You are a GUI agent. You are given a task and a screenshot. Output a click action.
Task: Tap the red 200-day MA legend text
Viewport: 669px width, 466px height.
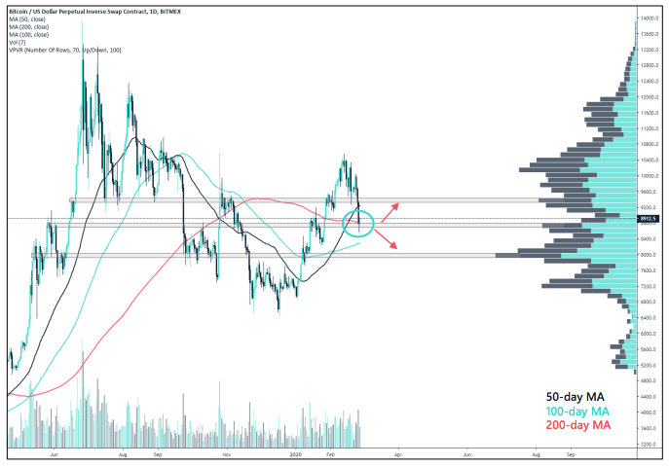click(x=577, y=425)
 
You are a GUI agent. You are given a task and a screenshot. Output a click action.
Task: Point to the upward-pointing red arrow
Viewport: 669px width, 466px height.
click(x=390, y=211)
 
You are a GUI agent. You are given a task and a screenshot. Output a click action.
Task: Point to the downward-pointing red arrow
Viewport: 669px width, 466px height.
click(x=390, y=241)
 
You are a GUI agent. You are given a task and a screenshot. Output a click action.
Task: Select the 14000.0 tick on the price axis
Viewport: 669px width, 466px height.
click(x=650, y=18)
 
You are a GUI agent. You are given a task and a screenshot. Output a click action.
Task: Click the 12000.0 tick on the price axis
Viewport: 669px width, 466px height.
click(x=650, y=97)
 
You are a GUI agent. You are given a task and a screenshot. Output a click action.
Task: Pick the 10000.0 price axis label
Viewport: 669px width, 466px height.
click(x=650, y=176)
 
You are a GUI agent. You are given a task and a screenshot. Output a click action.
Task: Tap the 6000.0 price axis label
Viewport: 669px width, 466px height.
click(x=650, y=334)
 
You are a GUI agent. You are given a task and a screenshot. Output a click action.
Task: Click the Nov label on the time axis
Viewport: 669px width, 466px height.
click(x=226, y=453)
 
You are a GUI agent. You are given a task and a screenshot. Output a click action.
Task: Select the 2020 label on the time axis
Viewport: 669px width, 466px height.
click(x=295, y=453)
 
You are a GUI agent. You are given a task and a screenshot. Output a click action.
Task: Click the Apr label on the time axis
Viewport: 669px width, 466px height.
click(x=398, y=453)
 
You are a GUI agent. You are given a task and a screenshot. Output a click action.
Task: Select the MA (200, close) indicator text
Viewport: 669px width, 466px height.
click(x=32, y=22)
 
